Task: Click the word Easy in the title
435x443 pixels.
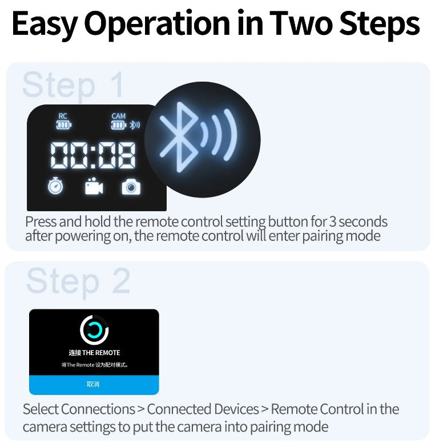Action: coord(45,24)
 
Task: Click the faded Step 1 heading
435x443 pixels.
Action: coord(73,84)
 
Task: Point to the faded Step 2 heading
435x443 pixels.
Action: coord(79,281)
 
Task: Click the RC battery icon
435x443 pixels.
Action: coord(64,124)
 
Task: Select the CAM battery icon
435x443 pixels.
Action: coord(119,124)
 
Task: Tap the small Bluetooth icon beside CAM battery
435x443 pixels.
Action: coord(135,124)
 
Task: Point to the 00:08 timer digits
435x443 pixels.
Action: coord(92,155)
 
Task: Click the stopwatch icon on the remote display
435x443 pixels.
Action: coord(55,186)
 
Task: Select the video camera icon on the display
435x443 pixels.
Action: coord(94,186)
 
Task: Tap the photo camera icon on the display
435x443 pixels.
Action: coord(131,187)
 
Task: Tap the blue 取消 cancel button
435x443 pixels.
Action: coord(94,385)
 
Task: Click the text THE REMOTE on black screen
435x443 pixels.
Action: coord(101,353)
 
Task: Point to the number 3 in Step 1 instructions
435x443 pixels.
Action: coord(333,221)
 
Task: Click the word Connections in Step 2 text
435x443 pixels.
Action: coord(98,409)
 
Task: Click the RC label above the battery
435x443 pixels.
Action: coord(63,116)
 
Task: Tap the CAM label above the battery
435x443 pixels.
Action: coord(118,116)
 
